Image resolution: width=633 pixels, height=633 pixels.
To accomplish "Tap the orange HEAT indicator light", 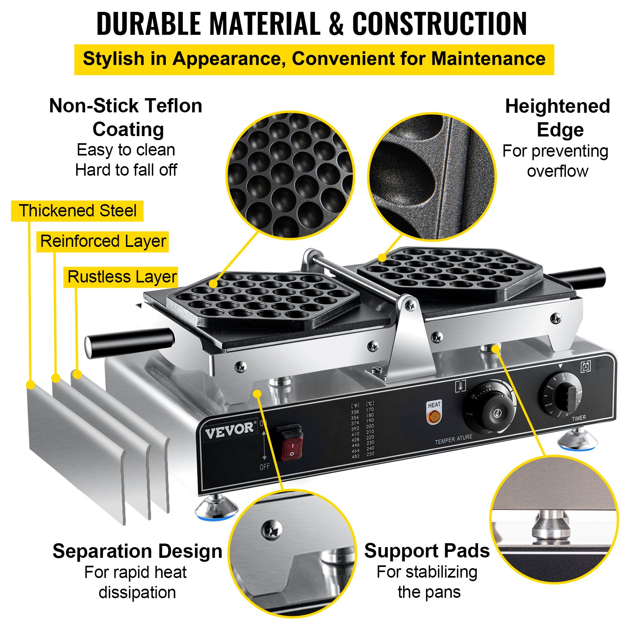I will pos(434,417).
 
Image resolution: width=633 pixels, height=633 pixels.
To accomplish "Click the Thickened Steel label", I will pos(78,211).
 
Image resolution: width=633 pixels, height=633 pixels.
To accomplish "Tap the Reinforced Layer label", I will pos(103,241).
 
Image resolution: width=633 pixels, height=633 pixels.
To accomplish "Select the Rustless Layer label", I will pos(121,277).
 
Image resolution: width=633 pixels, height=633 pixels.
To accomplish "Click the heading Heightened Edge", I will pos(558,118).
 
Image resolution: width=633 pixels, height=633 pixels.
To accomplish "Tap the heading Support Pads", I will pos(427,551).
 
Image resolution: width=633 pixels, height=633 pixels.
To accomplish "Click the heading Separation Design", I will pos(137,551).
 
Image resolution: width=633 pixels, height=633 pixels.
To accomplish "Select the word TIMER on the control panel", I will pos(578,418).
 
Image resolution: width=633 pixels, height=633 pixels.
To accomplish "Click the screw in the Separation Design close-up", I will pos(272,529).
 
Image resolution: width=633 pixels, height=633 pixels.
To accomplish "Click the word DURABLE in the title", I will pos(149,24).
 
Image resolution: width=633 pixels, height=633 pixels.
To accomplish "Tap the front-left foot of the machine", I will pos(216,508).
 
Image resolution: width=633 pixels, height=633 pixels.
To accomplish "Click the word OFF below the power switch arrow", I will pos(264,467).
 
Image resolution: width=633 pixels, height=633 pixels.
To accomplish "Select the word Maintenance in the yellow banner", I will pos(489,59).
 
